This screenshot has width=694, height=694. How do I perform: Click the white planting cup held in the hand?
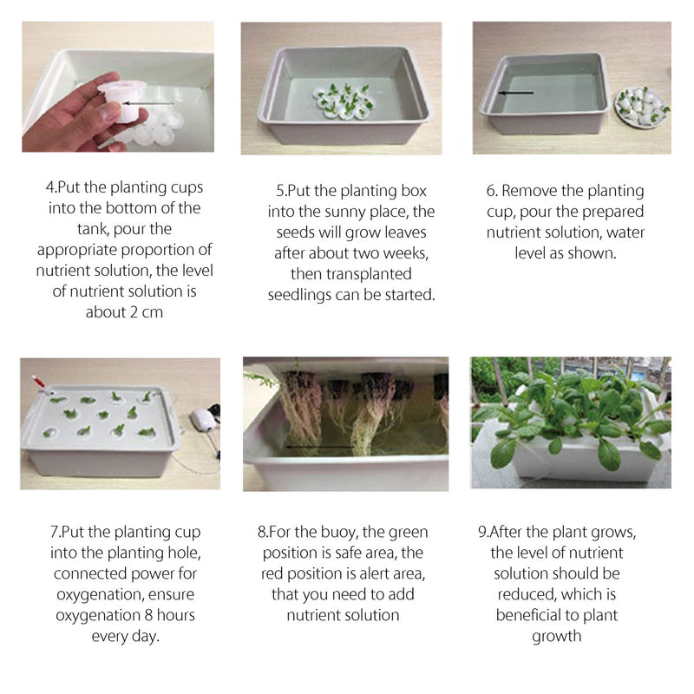click(122, 101)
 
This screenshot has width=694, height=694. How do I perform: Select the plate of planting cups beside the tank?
click(641, 107)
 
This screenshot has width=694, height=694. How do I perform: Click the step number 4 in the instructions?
click(49, 187)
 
